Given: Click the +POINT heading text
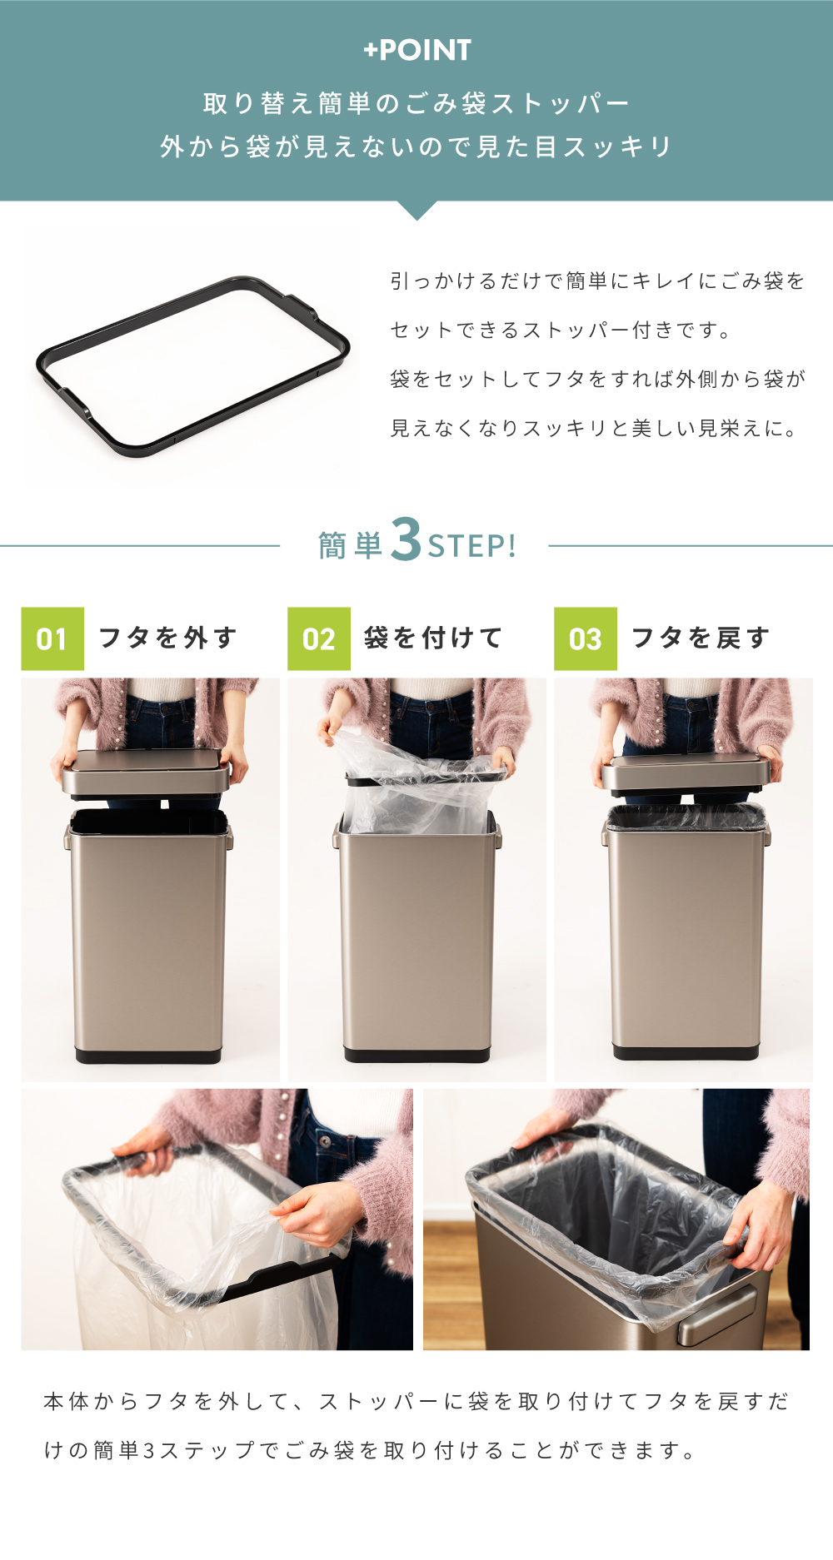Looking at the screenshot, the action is click(x=417, y=50).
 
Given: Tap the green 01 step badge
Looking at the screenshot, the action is click(x=52, y=638).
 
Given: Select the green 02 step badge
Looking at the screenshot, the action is click(x=319, y=638).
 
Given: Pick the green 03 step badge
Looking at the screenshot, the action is click(x=586, y=638).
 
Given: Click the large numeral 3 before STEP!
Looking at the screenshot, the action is click(x=406, y=539).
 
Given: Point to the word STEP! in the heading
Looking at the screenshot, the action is click(x=472, y=546).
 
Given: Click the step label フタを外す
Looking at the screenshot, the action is click(x=167, y=638).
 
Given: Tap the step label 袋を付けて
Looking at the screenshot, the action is click(x=433, y=638).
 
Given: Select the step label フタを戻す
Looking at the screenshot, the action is click(x=700, y=638).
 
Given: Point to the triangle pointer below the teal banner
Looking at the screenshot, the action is click(x=417, y=210).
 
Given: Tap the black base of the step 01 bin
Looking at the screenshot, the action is click(x=148, y=1056).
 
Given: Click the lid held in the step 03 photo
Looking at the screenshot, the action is click(x=685, y=773).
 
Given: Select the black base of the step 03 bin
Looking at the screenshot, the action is click(x=686, y=1052).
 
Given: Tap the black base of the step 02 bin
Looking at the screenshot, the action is click(x=416, y=1056).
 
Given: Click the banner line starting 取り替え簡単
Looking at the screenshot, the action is click(x=416, y=103).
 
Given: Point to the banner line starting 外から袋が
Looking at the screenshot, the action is click(x=416, y=147).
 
